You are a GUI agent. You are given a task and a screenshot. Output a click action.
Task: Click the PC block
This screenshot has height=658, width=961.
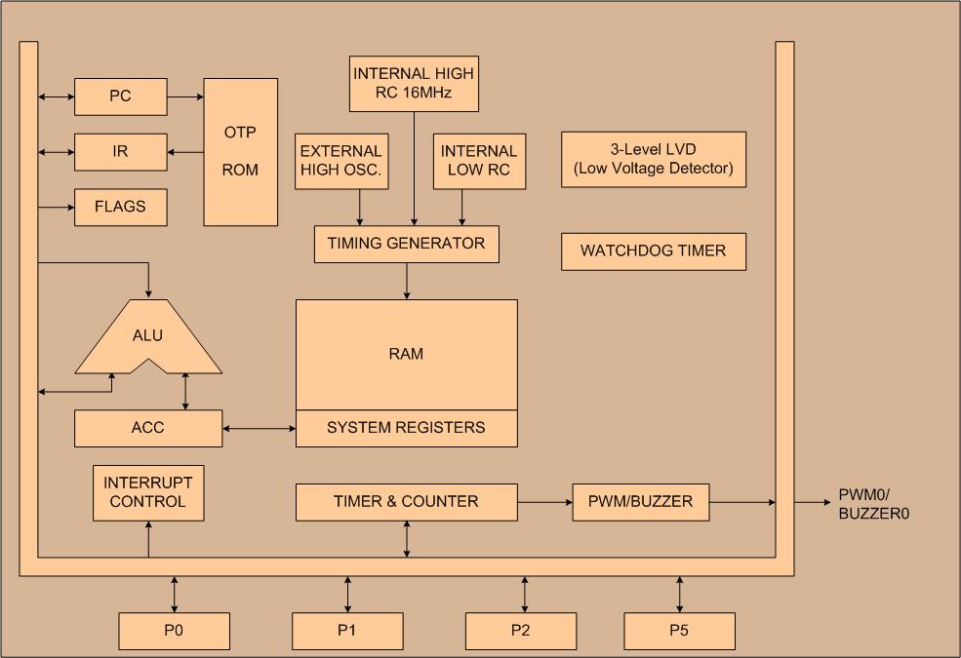click(x=121, y=97)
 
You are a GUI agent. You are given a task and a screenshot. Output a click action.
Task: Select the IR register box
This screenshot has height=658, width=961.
click(x=121, y=152)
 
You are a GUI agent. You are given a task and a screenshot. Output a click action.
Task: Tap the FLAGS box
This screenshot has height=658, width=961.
click(x=121, y=207)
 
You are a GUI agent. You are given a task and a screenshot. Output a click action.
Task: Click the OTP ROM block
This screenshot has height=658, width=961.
click(x=241, y=152)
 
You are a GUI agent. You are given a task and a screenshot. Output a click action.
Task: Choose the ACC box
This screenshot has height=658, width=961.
click(x=148, y=428)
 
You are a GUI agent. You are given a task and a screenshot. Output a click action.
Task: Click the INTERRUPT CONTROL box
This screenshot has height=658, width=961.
click(x=148, y=492)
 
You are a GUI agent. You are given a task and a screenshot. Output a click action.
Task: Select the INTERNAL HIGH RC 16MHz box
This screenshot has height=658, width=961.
click(x=414, y=84)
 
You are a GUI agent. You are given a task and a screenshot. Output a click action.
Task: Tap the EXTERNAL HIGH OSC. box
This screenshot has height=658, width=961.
click(x=341, y=161)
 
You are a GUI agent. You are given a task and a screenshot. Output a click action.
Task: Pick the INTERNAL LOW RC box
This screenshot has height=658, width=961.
click(x=479, y=161)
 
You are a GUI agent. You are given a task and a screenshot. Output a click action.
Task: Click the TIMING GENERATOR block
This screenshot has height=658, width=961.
click(x=406, y=245)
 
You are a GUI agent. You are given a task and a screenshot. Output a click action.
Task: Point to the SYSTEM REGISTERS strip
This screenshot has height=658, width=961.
click(x=406, y=428)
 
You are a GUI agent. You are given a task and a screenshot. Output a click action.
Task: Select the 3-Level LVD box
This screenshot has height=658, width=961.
click(x=654, y=159)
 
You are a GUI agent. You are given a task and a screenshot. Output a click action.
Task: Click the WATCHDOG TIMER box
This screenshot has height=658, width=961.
click(x=654, y=251)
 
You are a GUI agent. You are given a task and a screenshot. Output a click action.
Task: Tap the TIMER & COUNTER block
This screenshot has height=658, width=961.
click(x=406, y=502)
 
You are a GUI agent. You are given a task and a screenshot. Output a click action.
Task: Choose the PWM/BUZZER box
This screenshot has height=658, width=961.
click(x=640, y=502)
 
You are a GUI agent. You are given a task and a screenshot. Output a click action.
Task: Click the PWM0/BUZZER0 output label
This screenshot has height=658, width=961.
click(x=873, y=504)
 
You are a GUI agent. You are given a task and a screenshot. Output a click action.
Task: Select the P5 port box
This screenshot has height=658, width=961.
click(x=679, y=631)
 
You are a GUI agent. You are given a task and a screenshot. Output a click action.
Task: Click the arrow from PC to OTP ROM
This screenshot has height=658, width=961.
click(x=185, y=97)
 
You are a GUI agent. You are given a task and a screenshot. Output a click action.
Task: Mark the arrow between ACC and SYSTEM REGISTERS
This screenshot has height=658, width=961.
click(x=260, y=429)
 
